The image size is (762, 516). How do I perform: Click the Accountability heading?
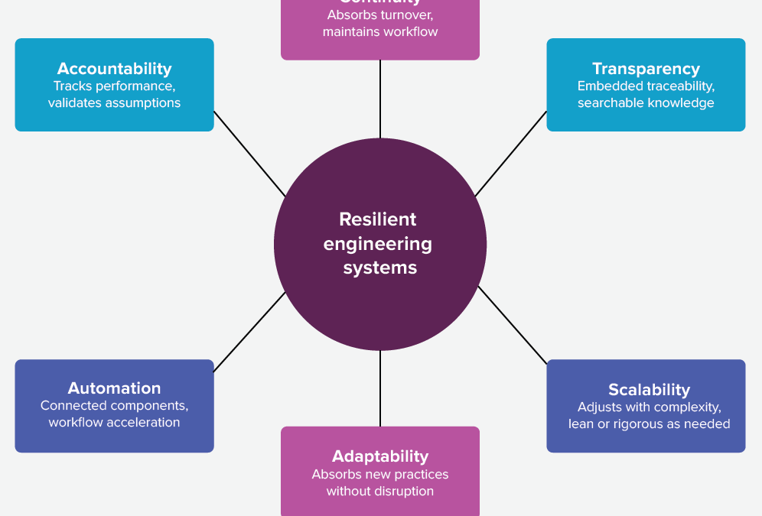tap(114, 70)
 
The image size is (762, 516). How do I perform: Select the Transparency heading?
tap(646, 70)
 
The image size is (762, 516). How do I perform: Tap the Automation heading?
tap(114, 388)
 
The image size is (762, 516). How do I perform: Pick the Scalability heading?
tap(649, 390)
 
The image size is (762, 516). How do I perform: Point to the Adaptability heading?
tap(380, 456)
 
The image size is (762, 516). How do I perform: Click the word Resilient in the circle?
tap(377, 219)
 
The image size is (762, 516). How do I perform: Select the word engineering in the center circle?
tap(378, 244)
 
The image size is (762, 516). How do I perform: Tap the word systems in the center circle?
tap(380, 268)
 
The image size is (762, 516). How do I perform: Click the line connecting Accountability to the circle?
tap(249, 154)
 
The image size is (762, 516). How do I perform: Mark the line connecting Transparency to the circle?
tap(511, 154)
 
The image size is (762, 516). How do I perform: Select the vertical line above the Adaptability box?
tap(380, 388)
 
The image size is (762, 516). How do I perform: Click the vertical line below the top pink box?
tap(380, 99)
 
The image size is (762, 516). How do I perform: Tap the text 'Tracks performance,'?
tap(114, 86)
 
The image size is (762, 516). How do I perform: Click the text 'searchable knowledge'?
tap(646, 103)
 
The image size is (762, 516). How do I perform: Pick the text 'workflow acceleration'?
tap(114, 422)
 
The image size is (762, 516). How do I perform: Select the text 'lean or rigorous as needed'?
tap(649, 424)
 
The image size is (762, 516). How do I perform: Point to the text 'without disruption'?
tap(380, 491)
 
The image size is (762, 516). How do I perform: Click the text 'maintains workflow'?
tap(380, 31)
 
